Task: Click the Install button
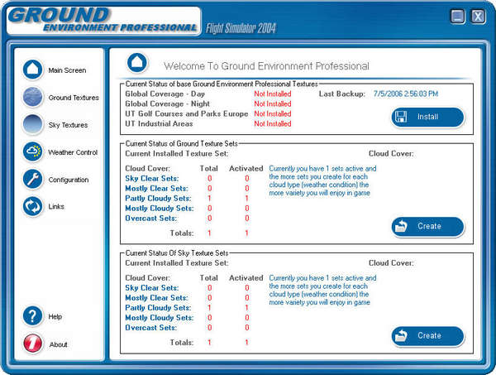pyautogui.click(x=427, y=117)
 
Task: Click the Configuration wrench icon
pyautogui.click(x=33, y=180)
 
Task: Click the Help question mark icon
pyautogui.click(x=33, y=316)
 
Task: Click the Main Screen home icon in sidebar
pyautogui.click(x=33, y=70)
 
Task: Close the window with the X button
pyautogui.click(x=478, y=16)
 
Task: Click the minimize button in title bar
pyautogui.click(x=458, y=16)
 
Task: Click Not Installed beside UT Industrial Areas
pyautogui.click(x=272, y=124)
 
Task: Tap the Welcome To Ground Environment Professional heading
pyautogui.click(x=266, y=65)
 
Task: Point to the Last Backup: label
pyautogui.click(x=341, y=94)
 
